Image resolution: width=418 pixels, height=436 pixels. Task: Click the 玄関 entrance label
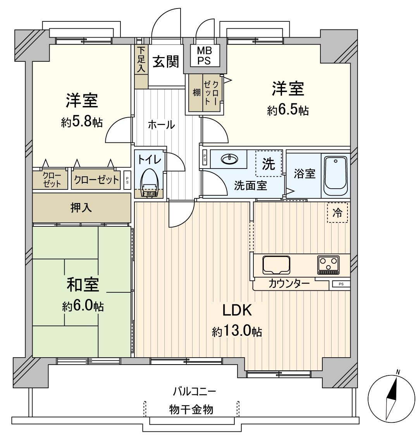[x=165, y=61]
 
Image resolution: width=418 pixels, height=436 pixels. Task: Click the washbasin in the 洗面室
[x=231, y=158]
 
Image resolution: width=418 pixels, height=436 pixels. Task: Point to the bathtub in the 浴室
[x=335, y=175]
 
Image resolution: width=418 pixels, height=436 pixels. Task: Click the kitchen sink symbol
[x=276, y=265]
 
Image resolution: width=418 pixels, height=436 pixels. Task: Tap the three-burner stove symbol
[x=328, y=264]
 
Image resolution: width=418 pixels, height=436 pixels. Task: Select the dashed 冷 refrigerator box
[x=337, y=212]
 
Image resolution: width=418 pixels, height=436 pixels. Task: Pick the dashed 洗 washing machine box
[x=268, y=164]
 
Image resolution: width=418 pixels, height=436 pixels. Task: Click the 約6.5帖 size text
[x=287, y=110]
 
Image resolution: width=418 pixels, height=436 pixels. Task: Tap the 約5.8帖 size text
[x=82, y=122]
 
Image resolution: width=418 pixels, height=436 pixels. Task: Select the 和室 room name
[x=83, y=285]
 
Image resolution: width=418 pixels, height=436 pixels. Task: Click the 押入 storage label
[x=81, y=208]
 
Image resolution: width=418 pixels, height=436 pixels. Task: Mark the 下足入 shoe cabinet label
[x=141, y=60]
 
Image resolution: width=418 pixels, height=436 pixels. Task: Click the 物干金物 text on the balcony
[x=191, y=409]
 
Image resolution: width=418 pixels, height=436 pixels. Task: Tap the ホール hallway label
[x=161, y=125]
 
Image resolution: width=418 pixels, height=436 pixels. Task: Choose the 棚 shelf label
[x=196, y=93]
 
